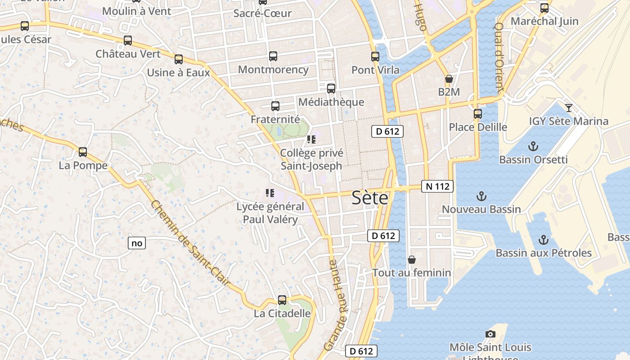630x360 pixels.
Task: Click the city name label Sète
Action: point(369,198)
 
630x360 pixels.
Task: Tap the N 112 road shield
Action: point(437,186)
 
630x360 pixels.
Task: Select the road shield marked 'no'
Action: point(137,243)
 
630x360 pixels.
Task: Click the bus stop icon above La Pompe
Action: point(83,152)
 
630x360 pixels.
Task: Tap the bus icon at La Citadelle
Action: point(282,300)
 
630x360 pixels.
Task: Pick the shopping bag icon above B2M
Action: point(449,79)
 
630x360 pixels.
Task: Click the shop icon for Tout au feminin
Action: point(411,260)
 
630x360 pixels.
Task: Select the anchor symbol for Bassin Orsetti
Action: point(533,146)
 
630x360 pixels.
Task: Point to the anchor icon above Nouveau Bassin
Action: point(481,196)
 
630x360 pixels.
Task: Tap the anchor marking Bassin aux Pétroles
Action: point(544,240)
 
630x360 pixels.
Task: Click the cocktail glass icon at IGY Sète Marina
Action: point(569,108)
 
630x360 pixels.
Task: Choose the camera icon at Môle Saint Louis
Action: point(490,334)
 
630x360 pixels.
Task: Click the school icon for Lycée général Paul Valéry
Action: point(270,193)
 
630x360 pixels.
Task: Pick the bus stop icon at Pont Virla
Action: point(375,57)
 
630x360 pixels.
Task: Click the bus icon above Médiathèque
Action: point(331,89)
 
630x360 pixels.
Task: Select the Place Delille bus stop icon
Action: point(478,114)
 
